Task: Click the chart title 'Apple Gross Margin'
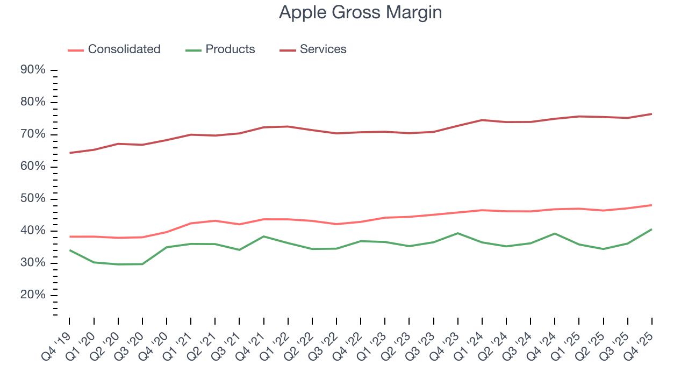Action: click(360, 12)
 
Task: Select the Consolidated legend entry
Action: click(124, 49)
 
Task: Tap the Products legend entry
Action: click(230, 49)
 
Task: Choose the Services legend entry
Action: click(322, 49)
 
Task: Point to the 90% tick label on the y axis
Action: click(33, 70)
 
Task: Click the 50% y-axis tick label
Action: click(33, 199)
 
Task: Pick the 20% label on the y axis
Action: click(33, 296)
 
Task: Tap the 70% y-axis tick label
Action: click(33, 134)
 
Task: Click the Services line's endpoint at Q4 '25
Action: click(651, 114)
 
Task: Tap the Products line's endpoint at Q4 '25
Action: click(651, 230)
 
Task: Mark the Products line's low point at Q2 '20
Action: click(118, 264)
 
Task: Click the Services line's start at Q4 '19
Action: click(70, 153)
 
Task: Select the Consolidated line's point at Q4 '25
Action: click(651, 205)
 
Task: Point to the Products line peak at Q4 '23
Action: click(457, 233)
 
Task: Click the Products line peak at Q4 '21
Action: click(263, 236)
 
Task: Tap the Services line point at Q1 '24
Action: click(482, 120)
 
